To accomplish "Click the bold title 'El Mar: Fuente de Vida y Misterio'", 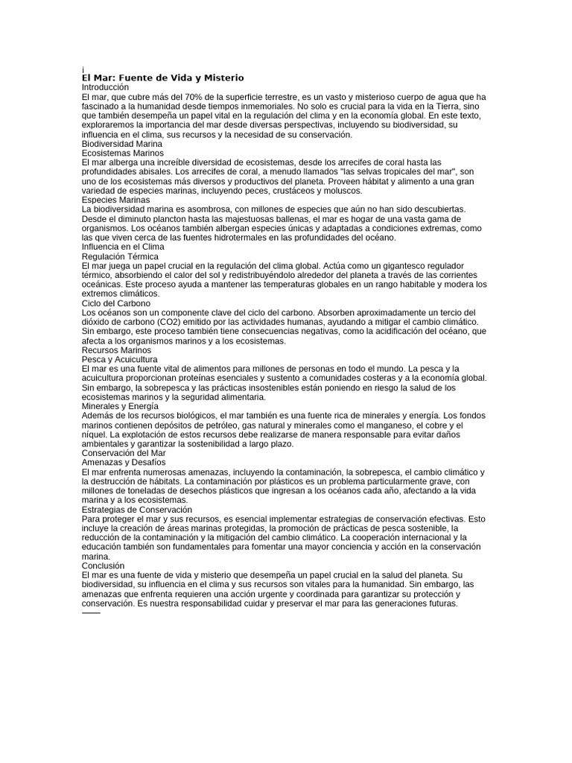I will pos(162,77).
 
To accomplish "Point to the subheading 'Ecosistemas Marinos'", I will pos(122,153).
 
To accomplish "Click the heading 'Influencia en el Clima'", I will pos(123,247).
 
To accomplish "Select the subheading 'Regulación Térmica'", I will pos(119,256).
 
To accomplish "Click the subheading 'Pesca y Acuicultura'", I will pos(119,359).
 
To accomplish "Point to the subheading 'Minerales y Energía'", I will pos(120,406).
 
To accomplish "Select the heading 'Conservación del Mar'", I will pos(124,453).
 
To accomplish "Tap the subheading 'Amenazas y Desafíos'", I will pos(123,463).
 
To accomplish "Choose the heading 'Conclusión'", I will pos(104,566).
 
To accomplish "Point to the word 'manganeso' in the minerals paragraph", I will pos(402,425).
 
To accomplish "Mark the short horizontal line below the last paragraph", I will pos(90,613).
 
